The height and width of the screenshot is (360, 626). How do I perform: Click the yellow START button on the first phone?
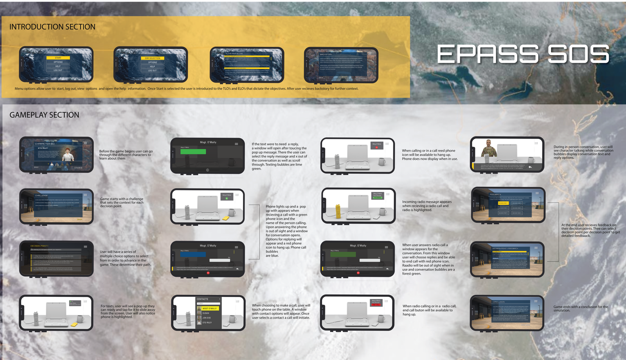[x=58, y=58]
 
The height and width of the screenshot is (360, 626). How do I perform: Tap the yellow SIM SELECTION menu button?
[x=153, y=58]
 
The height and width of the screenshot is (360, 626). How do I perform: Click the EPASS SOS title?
[x=523, y=54]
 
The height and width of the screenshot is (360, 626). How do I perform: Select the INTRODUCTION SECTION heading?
[x=52, y=27]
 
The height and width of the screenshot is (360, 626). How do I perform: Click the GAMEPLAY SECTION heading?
[x=44, y=115]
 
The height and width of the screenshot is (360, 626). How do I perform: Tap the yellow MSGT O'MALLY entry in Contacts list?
[x=208, y=308]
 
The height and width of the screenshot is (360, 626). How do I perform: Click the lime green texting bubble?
[x=193, y=151]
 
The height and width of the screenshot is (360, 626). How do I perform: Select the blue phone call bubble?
[x=193, y=255]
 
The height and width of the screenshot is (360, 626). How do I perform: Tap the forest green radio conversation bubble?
[x=343, y=255]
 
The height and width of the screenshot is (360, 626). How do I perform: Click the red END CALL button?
[x=376, y=305]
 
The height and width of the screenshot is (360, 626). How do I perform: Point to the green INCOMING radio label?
[x=377, y=197]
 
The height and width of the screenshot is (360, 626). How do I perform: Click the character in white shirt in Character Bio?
[x=68, y=155]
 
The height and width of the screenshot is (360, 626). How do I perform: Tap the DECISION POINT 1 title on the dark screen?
[x=39, y=246]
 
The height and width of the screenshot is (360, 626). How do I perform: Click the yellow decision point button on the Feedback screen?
[x=503, y=203]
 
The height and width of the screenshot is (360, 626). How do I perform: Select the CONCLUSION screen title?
[x=498, y=302]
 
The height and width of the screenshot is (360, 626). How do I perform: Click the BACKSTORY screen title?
[x=326, y=54]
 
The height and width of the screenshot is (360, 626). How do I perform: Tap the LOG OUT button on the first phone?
[x=58, y=70]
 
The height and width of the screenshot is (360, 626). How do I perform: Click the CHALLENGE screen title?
[x=42, y=196]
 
